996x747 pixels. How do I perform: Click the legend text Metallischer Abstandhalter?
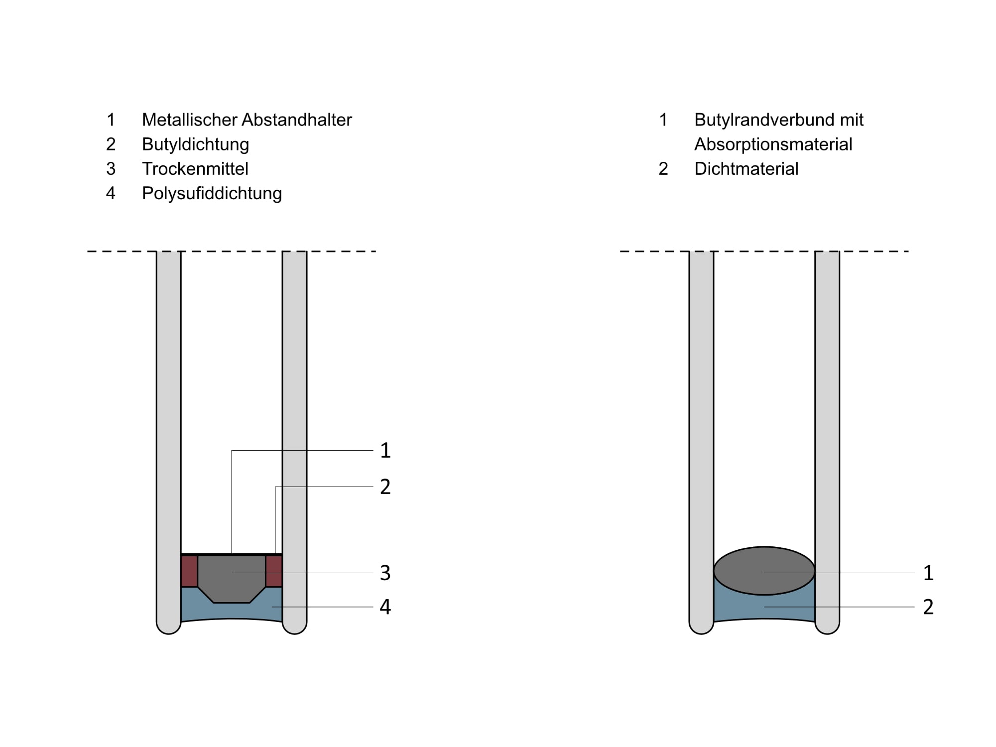pos(247,120)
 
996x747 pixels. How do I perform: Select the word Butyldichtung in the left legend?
pos(195,144)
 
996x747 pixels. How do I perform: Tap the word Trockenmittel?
pos(195,169)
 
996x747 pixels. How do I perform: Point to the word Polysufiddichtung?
pos(212,193)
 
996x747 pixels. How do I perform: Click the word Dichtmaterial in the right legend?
pos(746,169)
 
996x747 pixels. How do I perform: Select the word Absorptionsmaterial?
pos(773,144)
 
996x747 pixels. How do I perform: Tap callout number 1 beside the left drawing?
pos(385,450)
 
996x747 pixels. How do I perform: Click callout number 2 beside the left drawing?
pos(385,487)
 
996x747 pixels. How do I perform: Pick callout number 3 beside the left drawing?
pos(385,573)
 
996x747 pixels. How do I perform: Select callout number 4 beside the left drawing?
pos(385,607)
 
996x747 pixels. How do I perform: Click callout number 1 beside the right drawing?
pos(928,573)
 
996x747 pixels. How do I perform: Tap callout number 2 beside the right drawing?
pos(928,607)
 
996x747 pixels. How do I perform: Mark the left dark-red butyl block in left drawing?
pos(189,571)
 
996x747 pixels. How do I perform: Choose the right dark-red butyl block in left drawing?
pos(274,571)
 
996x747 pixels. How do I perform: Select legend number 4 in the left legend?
pos(111,193)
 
